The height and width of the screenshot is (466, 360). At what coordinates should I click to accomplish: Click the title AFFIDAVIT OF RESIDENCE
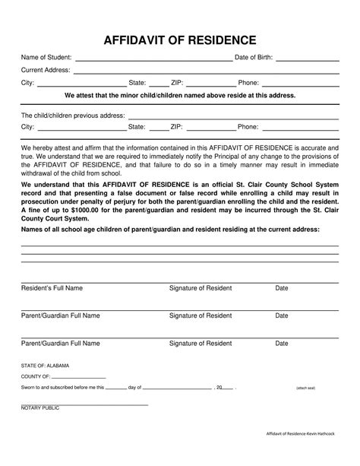[180, 40]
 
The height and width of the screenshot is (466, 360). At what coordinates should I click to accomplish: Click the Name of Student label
[46, 58]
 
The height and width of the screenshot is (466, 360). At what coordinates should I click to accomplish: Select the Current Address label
[46, 71]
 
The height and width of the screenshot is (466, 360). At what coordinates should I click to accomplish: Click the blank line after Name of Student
[153, 59]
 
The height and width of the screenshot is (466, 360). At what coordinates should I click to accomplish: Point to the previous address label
[72, 116]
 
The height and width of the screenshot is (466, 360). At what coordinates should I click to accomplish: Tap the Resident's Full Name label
[52, 289]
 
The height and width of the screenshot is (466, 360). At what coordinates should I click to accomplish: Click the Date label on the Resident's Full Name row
[282, 289]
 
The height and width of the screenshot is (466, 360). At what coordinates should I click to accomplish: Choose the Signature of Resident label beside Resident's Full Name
[201, 289]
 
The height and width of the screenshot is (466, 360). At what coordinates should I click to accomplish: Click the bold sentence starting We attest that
[180, 96]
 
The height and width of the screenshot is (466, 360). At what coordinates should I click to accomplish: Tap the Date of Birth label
[254, 58]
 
